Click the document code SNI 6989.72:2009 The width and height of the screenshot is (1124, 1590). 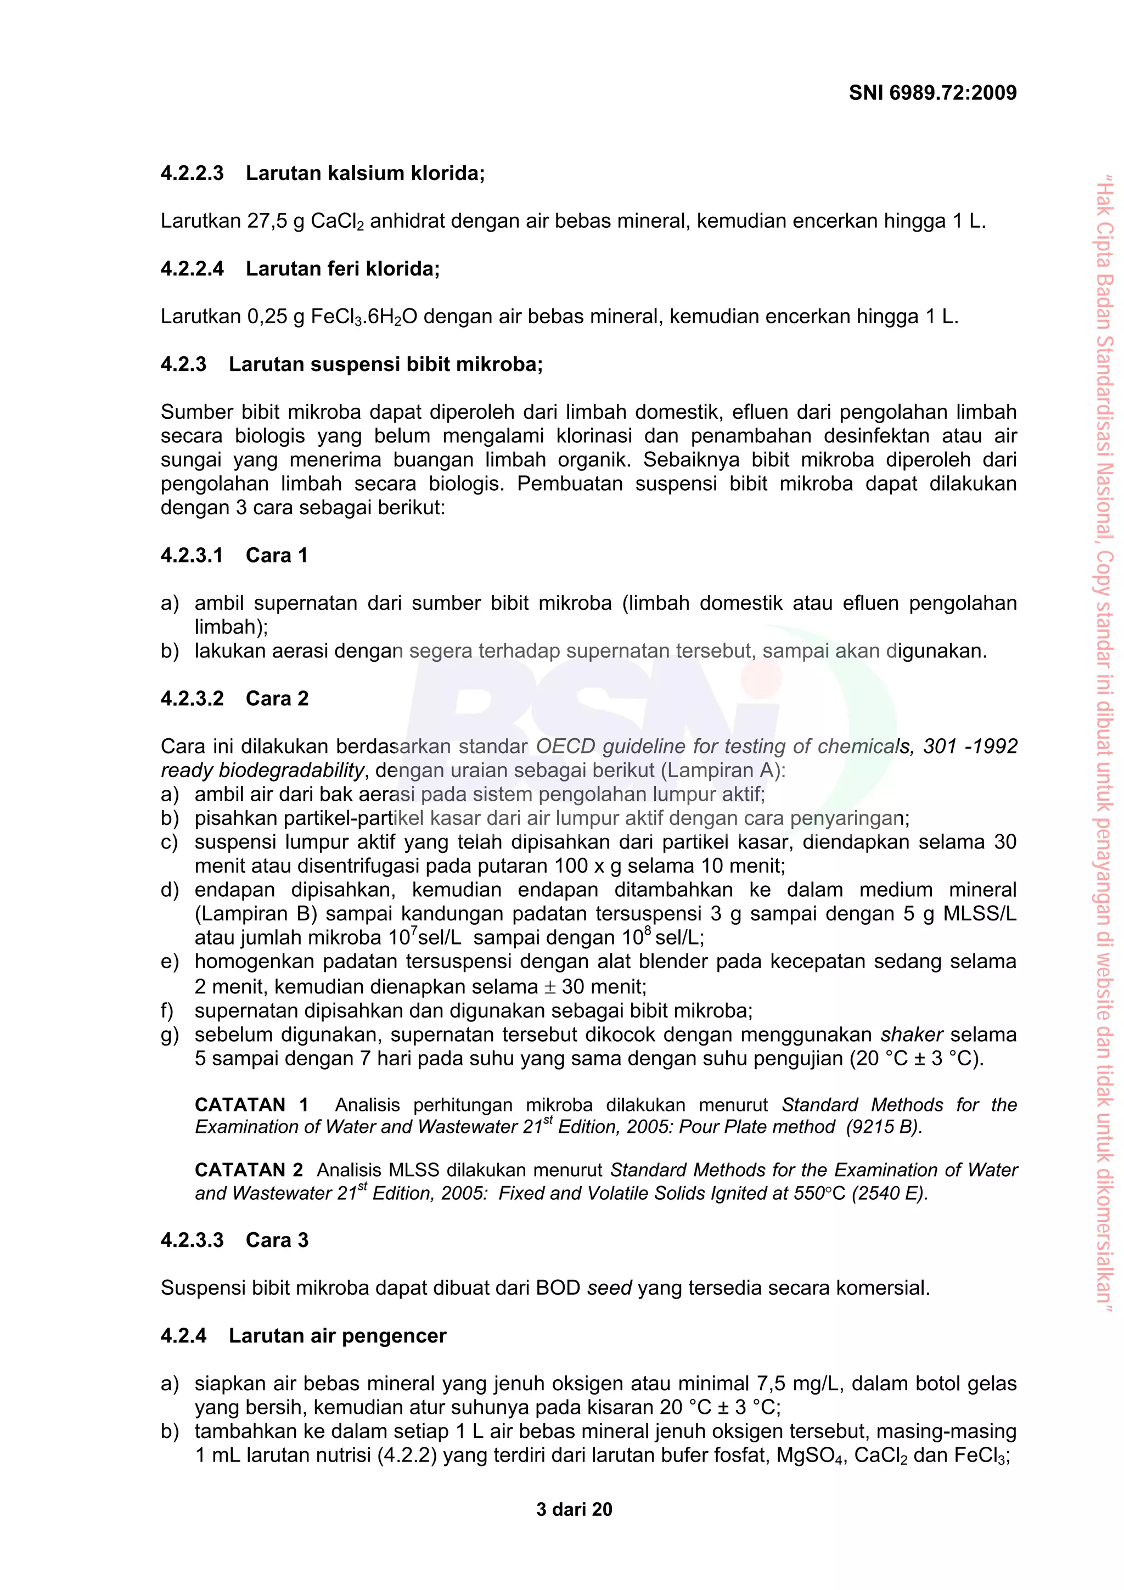click(932, 93)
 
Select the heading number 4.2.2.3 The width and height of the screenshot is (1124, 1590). click(192, 173)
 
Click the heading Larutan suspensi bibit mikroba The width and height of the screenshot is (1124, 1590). click(385, 364)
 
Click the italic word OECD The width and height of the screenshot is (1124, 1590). click(566, 746)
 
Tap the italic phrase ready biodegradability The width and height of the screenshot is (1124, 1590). click(262, 770)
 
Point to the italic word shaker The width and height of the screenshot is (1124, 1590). click(912, 1035)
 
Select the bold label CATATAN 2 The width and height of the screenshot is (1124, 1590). click(249, 1170)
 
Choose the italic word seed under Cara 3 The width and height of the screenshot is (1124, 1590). click(609, 1288)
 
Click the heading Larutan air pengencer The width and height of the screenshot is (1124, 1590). click(338, 1336)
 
